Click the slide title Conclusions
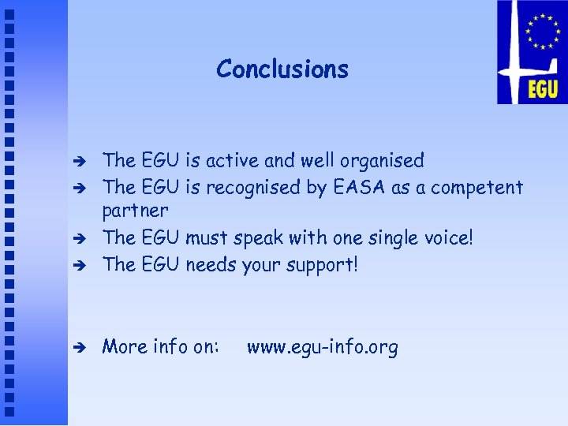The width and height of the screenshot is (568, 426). (282, 69)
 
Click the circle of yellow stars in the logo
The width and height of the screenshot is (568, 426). (542, 32)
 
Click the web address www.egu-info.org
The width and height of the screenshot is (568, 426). (322, 347)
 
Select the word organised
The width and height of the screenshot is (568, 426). (382, 162)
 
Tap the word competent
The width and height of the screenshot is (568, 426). (479, 188)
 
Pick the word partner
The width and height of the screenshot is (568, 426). (135, 211)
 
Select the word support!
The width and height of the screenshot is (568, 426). (322, 265)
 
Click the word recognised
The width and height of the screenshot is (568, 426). (253, 188)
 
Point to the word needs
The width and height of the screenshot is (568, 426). (211, 264)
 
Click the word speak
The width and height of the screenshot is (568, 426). (252, 238)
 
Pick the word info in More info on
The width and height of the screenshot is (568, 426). (166, 346)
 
